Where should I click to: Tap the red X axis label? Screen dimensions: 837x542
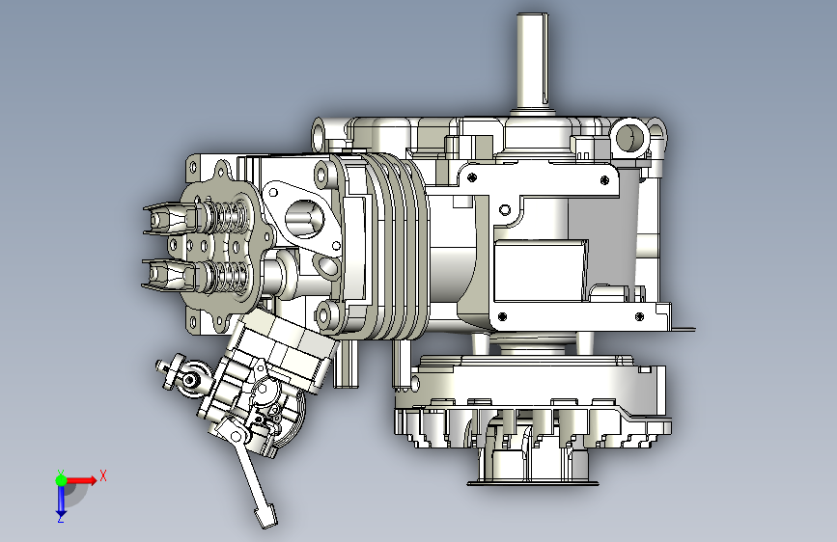tap(103, 475)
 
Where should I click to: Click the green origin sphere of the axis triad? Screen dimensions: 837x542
tap(62, 480)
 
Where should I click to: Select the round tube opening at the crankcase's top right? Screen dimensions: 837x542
tap(631, 137)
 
